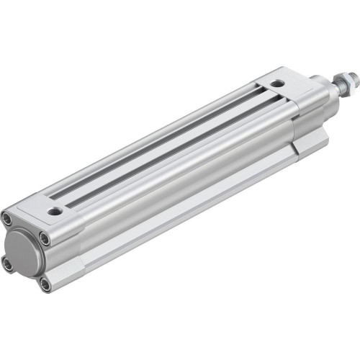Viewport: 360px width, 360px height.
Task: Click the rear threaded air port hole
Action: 55,212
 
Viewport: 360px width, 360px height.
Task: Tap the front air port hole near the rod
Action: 278,84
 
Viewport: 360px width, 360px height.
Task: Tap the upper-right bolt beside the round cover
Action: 45,239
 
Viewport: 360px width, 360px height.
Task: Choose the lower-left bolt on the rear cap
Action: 8,264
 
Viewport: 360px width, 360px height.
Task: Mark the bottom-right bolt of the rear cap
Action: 45,283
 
